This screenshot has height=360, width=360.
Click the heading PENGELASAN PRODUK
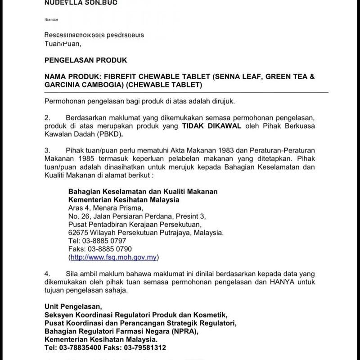[x=86, y=60]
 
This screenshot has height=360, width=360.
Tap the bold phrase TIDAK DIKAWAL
[x=211, y=126]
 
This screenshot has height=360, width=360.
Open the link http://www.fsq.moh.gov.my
[x=113, y=257]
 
